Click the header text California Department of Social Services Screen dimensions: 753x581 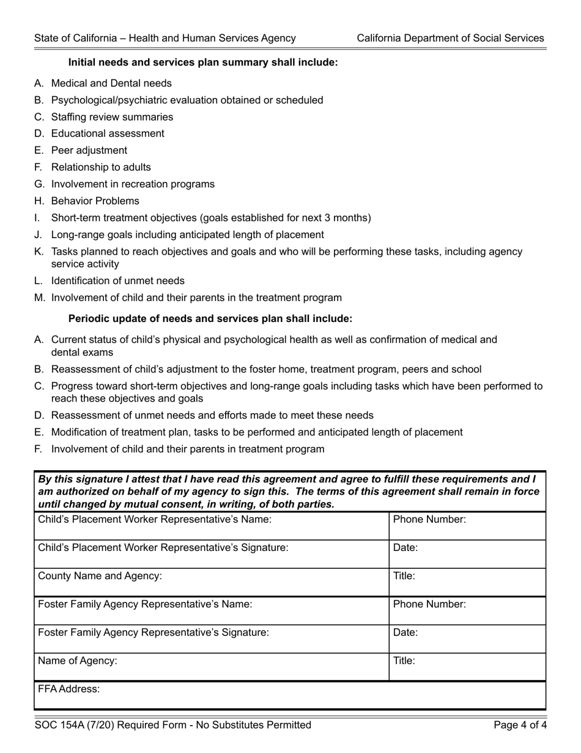pyautogui.click(x=450, y=38)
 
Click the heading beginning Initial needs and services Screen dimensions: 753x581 pyautogui.click(x=202, y=62)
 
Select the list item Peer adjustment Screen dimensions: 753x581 pyautogui.click(x=89, y=151)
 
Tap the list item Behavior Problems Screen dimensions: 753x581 pyautogui.click(x=95, y=201)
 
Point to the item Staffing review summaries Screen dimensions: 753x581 pyautogui.click(x=112, y=117)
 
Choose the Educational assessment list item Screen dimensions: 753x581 pyautogui.click(x=108, y=133)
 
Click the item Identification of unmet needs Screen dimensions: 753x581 pyautogui.click(x=117, y=281)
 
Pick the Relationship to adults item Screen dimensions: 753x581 pyautogui.click(x=101, y=167)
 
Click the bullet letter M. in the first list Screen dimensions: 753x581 pyautogui.click(x=40, y=298)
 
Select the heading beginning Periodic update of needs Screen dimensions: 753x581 pyautogui.click(x=210, y=319)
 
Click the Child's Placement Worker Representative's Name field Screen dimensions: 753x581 pyautogui.click(x=211, y=526)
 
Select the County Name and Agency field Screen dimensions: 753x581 pyautogui.click(x=211, y=582)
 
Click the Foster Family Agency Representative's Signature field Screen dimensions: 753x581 pyautogui.click(x=211, y=639)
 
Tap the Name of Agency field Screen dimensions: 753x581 pyautogui.click(x=211, y=667)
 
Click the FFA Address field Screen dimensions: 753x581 pyautogui.click(x=290, y=695)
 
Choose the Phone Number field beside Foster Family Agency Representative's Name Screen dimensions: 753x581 pyautogui.click(x=467, y=610)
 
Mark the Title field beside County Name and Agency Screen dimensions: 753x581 pyautogui.click(x=467, y=582)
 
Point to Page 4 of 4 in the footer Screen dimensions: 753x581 pyautogui.click(x=520, y=725)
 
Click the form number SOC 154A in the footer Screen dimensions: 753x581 pyautogui.click(x=59, y=725)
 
